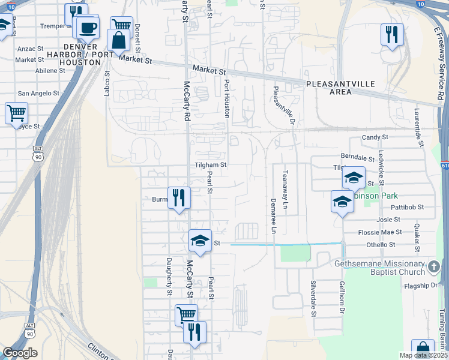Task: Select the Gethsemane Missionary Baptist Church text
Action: click(379, 268)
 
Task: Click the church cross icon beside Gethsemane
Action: click(435, 265)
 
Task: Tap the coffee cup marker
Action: click(89, 28)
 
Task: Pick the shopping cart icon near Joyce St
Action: click(16, 112)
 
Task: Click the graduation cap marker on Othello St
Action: click(200, 241)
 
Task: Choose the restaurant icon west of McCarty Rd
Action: click(179, 197)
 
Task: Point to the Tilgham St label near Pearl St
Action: click(210, 164)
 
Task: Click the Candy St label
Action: click(375, 137)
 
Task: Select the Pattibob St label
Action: click(409, 206)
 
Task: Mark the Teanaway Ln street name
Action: click(286, 189)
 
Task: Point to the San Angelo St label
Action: click(38, 94)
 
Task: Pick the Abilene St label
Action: click(50, 70)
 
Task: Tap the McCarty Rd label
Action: click(187, 101)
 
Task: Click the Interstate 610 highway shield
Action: click(444, 166)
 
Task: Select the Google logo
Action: click(20, 353)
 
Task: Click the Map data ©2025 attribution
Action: click(424, 355)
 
